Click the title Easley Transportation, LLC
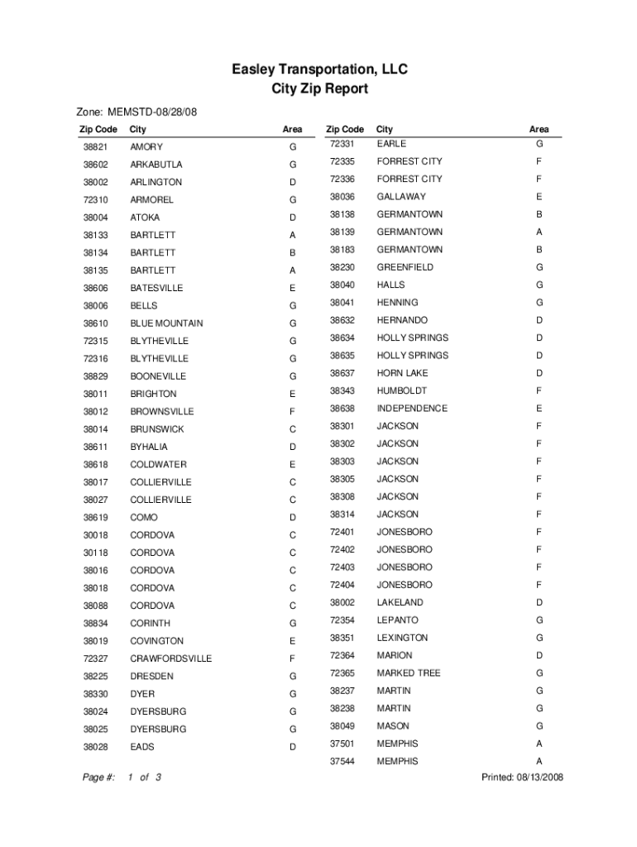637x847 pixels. click(319, 69)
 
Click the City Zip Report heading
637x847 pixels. click(319, 89)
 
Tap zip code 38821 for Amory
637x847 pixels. click(94, 146)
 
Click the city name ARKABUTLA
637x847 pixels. click(156, 165)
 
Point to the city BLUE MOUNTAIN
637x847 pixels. click(166, 323)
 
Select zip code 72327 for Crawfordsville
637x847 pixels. click(94, 659)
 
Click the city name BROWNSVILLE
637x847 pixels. click(162, 412)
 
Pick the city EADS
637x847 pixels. click(142, 747)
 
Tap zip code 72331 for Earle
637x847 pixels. click(342, 144)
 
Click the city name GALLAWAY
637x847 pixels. click(401, 197)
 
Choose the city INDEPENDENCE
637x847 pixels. click(412, 409)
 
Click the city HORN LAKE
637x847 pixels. click(402, 373)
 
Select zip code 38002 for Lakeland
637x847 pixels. click(342, 603)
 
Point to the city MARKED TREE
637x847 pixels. click(409, 673)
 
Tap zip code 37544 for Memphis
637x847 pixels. click(342, 762)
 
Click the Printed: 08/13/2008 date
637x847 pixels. click(522, 778)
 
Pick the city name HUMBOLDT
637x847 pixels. click(401, 390)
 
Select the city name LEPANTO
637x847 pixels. click(398, 620)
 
